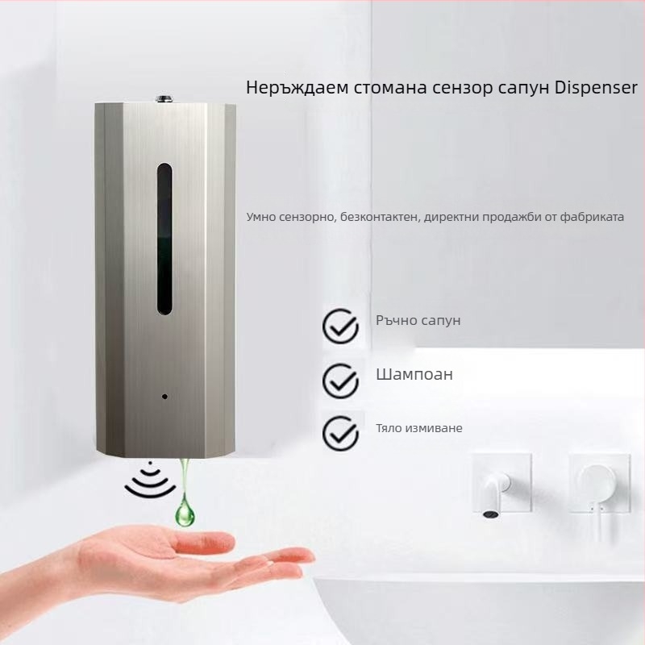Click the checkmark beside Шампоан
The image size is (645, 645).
[340, 378]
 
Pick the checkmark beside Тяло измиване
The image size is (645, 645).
[340, 431]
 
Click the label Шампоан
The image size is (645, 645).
[414, 375]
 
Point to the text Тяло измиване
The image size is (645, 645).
[418, 428]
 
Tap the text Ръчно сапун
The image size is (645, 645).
[418, 321]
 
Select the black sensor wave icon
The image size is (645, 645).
[147, 481]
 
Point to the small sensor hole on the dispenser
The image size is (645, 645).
[164, 397]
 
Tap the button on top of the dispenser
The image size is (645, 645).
[164, 99]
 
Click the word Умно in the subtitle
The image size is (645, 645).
[264, 217]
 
